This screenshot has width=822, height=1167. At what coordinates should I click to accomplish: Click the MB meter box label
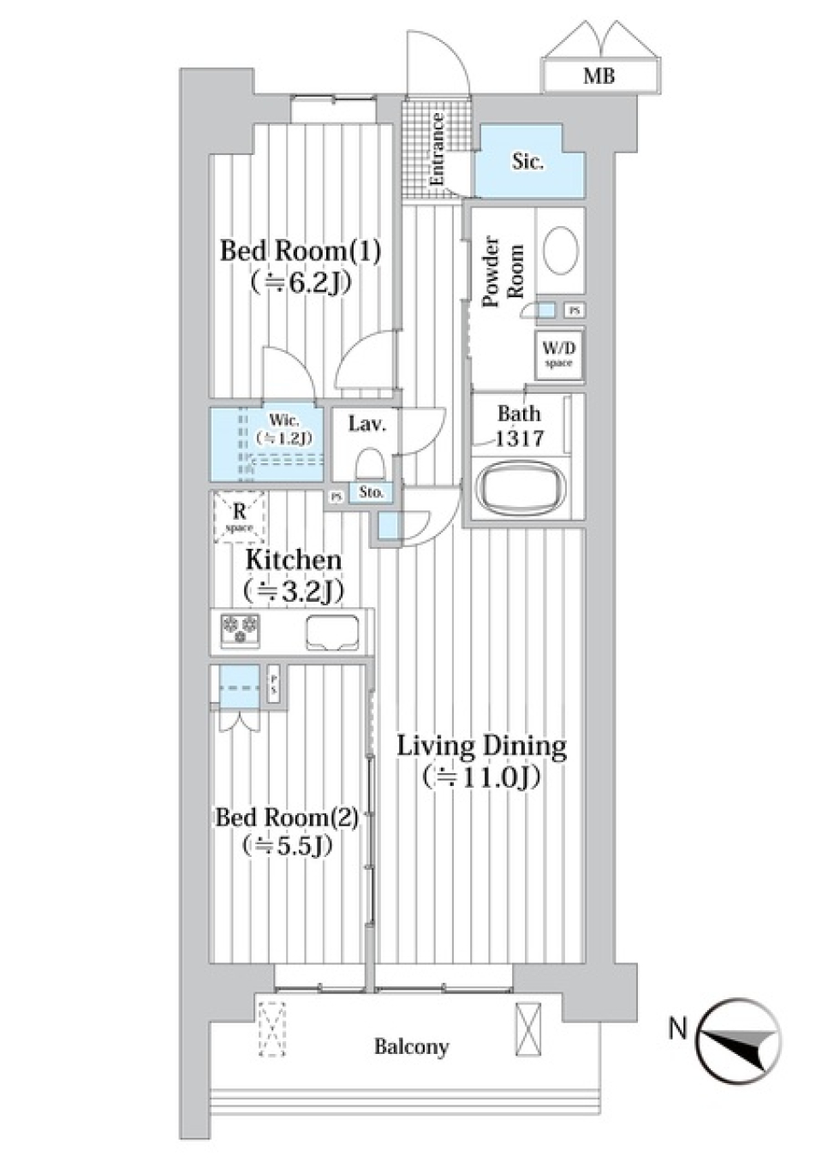coord(599,76)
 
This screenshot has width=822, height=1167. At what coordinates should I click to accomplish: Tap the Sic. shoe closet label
coord(527,161)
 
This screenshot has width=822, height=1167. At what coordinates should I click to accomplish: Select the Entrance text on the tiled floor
coord(437,150)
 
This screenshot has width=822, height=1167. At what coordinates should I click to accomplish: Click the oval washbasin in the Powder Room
coord(561,249)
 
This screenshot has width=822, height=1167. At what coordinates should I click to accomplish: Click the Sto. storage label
coord(371,492)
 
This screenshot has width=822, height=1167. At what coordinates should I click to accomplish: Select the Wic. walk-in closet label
coord(283,428)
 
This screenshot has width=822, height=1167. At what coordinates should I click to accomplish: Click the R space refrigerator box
coord(240,516)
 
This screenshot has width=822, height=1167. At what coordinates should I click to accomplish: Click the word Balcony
coord(411,1046)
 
